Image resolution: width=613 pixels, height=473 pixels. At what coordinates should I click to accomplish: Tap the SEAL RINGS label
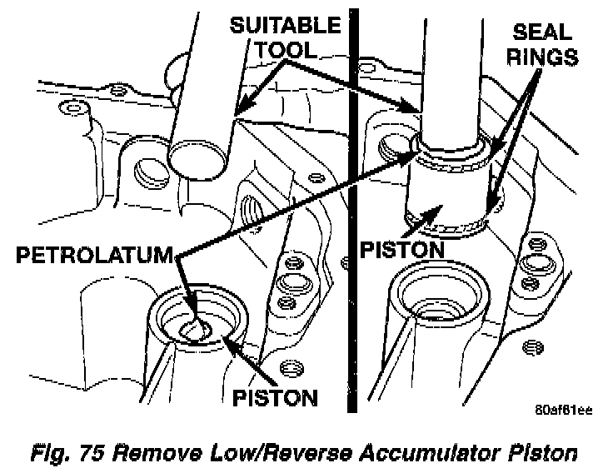[542, 46]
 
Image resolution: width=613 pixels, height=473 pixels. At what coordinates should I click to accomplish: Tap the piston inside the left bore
[201, 328]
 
